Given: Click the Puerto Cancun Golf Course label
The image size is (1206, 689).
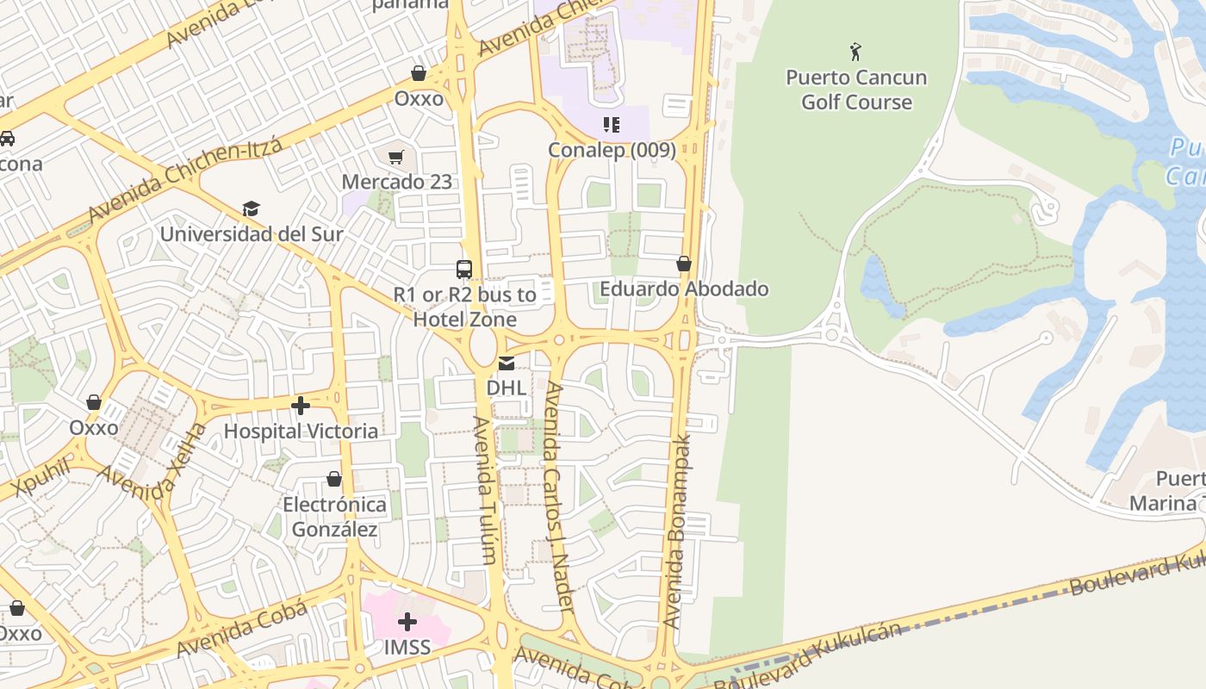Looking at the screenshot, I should click(x=855, y=90).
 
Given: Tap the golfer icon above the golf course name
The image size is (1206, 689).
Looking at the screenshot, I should click(x=855, y=52).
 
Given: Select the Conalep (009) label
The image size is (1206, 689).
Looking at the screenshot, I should click(x=612, y=150).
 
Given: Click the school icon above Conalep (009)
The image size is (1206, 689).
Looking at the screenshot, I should click(x=612, y=125).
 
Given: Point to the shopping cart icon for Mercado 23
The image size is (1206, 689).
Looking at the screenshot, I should click(x=396, y=157).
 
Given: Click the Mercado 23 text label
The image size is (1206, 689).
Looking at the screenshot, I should click(x=396, y=182).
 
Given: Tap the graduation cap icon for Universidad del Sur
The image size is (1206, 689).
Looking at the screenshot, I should click(x=251, y=208).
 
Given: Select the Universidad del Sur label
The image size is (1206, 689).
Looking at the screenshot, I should click(x=252, y=233).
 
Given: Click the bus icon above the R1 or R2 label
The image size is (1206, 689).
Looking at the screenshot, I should click(x=464, y=270).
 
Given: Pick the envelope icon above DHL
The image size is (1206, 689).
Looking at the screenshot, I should click(x=507, y=363).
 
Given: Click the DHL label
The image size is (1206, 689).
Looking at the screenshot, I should click(x=507, y=388).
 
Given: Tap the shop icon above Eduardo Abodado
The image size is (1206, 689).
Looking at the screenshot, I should click(x=684, y=264).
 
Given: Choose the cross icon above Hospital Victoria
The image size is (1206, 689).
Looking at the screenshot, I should click(x=301, y=406).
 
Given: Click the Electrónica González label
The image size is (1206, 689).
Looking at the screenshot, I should click(x=334, y=516).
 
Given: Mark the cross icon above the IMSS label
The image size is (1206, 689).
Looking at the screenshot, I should click(x=407, y=622).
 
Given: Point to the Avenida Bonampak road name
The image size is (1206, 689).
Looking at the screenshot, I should click(x=678, y=531).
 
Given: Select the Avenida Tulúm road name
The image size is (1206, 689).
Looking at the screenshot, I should click(x=483, y=490).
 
